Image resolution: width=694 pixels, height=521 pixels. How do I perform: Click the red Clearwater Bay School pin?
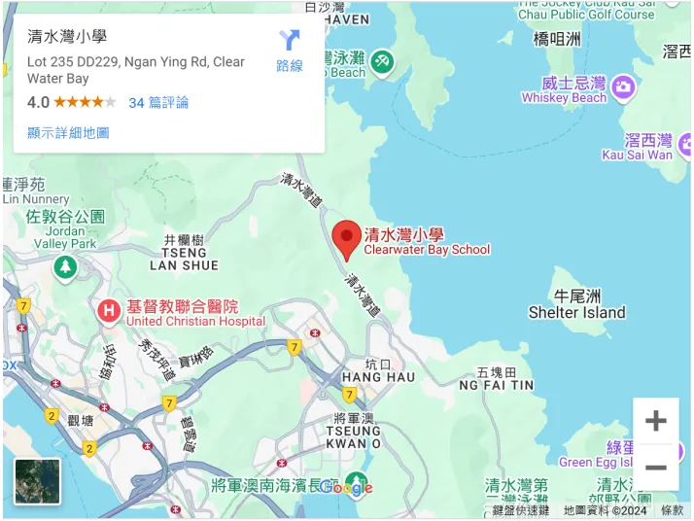pyautogui.click(x=347, y=238)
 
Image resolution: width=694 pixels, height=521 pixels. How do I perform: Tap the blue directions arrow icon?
pyautogui.click(x=290, y=41)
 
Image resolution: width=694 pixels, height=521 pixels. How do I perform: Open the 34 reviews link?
pyautogui.click(x=158, y=102)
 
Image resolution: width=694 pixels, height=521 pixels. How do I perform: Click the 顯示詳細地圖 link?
pyautogui.click(x=68, y=132)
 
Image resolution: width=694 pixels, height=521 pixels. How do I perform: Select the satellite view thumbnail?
pyautogui.click(x=38, y=481)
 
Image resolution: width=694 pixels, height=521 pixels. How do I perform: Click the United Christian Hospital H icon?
pyautogui.click(x=109, y=312)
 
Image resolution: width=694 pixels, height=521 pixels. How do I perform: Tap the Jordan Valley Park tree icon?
pyautogui.click(x=65, y=265)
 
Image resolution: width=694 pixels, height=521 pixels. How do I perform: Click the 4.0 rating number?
pyautogui.click(x=38, y=102)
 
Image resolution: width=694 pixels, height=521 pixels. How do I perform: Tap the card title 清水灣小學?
pyautogui.click(x=67, y=38)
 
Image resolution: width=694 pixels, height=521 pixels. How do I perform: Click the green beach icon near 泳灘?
pyautogui.click(x=382, y=61)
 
